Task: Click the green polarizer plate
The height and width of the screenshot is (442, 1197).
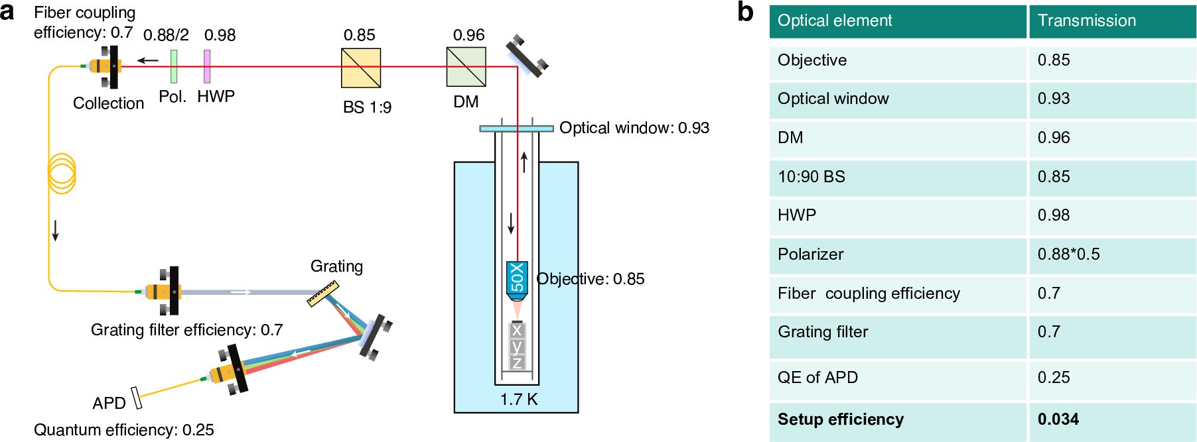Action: coord(174,66)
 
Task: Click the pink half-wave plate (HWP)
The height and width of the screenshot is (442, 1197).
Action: coord(207,66)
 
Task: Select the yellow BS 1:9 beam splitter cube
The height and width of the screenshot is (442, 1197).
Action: coord(361,68)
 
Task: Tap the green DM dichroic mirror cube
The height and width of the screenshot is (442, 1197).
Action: coord(466,67)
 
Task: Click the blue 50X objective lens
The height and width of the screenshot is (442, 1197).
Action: coord(517,278)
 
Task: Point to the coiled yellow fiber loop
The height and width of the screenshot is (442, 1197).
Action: coord(62,174)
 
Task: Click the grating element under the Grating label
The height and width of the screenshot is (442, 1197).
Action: coord(323,294)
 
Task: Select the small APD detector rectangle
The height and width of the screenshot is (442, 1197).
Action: coord(137,398)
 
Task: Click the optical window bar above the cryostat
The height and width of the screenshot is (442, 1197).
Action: coord(516,128)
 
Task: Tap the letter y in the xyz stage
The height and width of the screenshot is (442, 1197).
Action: coord(517,346)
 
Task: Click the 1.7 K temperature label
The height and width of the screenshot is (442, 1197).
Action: coord(519,400)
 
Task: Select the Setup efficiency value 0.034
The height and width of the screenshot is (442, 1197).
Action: coord(1058,419)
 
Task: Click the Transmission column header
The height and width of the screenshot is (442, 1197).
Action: coord(1086,21)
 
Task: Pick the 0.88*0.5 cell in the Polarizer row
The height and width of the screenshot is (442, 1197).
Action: coord(1068,254)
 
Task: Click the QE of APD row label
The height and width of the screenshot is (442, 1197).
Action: coord(817,377)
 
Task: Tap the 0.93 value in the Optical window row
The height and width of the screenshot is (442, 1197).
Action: coord(1054,98)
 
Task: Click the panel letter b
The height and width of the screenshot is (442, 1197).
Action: coord(746,12)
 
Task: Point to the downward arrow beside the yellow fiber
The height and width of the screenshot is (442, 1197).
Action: coord(56,229)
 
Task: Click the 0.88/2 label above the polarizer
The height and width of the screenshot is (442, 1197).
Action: coord(166,35)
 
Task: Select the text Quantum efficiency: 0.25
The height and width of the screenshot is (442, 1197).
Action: coord(124,429)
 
